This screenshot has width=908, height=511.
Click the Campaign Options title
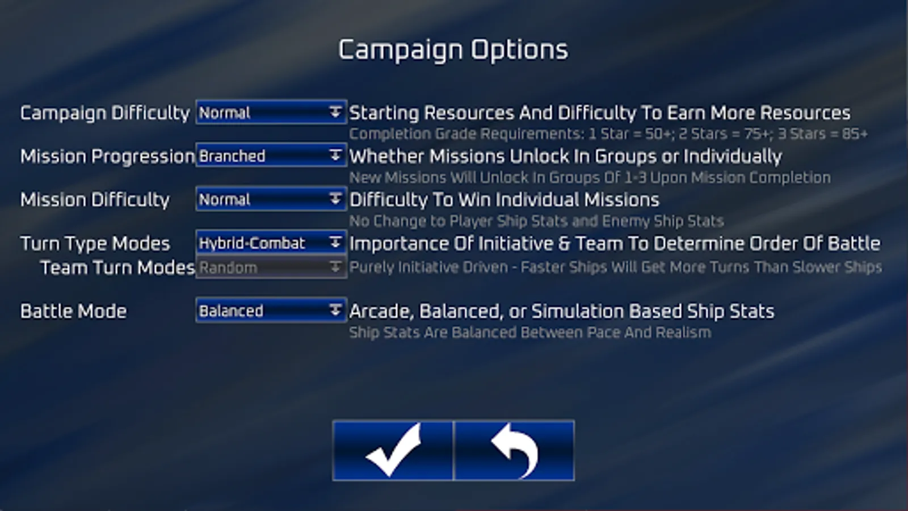click(x=453, y=51)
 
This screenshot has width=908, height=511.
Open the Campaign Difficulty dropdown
click(x=271, y=112)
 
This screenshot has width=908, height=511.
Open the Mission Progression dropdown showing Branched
click(x=271, y=156)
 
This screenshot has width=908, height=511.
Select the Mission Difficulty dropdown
click(x=271, y=199)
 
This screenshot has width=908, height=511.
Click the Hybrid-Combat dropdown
click(x=271, y=243)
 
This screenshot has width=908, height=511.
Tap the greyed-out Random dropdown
click(x=271, y=267)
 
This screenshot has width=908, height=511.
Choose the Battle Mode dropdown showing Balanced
click(x=271, y=311)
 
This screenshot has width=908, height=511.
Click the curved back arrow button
click(x=514, y=451)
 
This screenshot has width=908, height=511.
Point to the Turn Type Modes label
click(x=95, y=244)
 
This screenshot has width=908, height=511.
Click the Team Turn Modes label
click(x=117, y=267)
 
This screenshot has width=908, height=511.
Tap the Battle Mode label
click(x=73, y=312)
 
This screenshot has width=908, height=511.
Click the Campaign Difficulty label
click(x=105, y=113)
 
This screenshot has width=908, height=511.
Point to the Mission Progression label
click(x=107, y=157)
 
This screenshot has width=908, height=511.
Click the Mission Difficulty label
click(x=95, y=200)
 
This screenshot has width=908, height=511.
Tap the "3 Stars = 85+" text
click(x=822, y=134)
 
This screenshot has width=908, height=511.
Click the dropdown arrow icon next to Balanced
click(x=335, y=311)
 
